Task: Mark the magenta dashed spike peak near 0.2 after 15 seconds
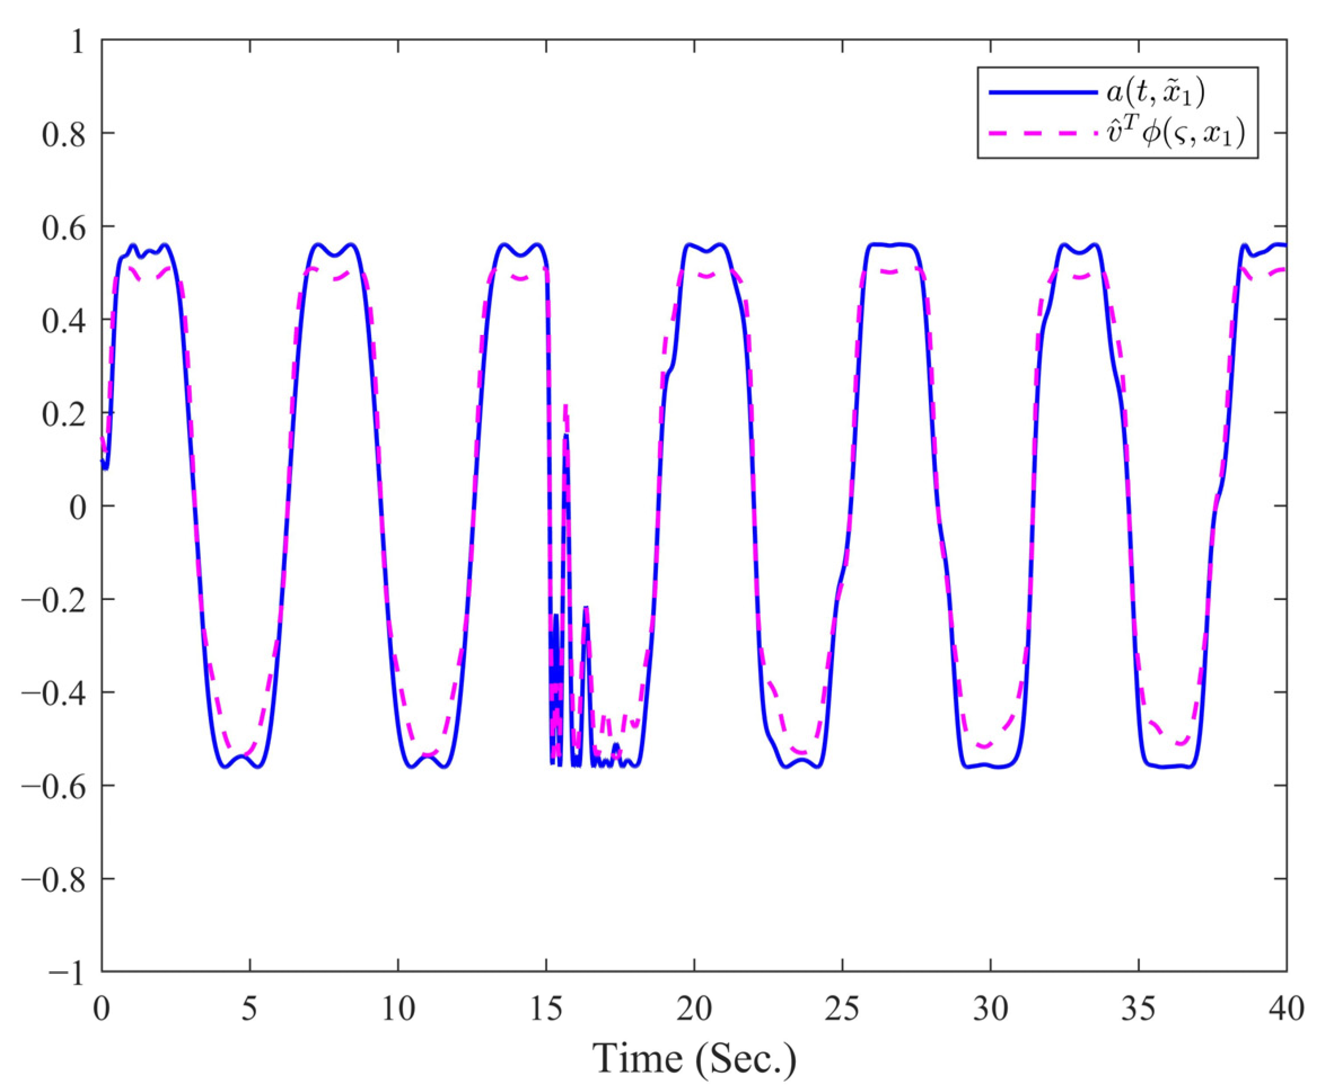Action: click(x=565, y=407)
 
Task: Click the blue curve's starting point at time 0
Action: click(x=102, y=460)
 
